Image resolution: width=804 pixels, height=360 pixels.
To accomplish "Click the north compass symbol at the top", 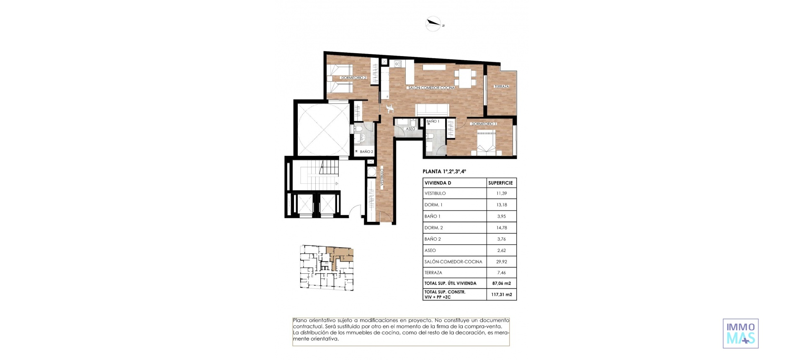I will pos(433,23).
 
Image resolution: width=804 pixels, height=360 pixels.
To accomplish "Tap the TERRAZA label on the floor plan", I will pos(501,87).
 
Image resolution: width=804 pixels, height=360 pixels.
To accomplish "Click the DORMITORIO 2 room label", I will pos(353,78).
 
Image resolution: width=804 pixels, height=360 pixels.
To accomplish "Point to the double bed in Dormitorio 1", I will pos(486,143).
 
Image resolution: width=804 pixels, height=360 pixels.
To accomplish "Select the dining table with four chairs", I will pos(465,78).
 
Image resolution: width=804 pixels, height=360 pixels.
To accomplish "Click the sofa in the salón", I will pos(432,110).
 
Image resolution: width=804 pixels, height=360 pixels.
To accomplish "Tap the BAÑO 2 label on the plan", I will pos(366,152).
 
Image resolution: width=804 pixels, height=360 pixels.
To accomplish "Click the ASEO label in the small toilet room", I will pos(410,129).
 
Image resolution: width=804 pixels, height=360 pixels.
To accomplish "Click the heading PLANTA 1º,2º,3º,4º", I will pos(444,171).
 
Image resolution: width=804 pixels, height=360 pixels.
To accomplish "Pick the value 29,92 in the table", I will pos(501,262).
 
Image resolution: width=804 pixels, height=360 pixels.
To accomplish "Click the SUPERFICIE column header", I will pos(500,183).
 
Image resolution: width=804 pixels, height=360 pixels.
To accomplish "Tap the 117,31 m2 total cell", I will pos(501,295).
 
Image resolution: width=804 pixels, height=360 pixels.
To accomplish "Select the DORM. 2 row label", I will pos(433,228).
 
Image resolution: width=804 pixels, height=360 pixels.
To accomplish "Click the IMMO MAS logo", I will pos(740,333).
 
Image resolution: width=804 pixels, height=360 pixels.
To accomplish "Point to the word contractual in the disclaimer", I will pos(308,327).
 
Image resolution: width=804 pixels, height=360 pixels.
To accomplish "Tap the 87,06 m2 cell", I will pos(501,283).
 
